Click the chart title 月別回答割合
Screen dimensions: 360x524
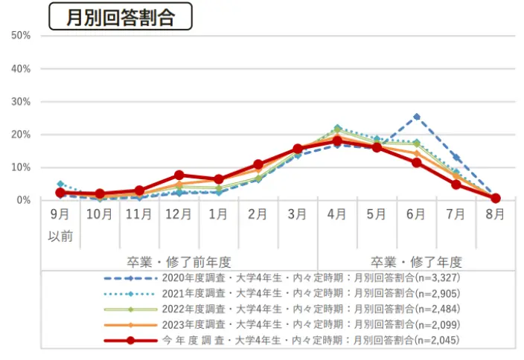[120, 17]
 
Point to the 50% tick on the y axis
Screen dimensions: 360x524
[20, 36]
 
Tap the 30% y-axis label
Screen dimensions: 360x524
[20, 102]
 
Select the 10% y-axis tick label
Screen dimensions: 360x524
[20, 167]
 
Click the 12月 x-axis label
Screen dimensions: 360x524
[179, 215]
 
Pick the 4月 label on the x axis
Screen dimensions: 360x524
[336, 215]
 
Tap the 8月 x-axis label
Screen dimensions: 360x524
[495, 215]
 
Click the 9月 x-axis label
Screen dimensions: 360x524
[61, 215]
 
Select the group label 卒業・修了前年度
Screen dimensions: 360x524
[179, 262]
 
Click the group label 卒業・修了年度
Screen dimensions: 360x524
[417, 262]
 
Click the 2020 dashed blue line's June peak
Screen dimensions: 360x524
[417, 117]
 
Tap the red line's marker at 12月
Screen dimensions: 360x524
[179, 176]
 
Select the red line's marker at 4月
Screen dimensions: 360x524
[336, 141]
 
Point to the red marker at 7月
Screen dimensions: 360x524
[456, 184]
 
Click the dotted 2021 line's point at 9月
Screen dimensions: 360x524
[61, 184]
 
